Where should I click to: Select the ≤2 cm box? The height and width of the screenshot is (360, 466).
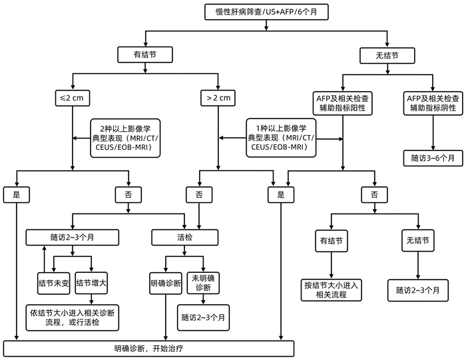[x=73, y=98]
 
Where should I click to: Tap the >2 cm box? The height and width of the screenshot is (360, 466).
[x=218, y=98]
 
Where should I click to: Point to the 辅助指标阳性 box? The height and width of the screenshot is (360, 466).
[x=343, y=102]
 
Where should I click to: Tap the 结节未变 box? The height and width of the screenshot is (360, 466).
[x=53, y=283]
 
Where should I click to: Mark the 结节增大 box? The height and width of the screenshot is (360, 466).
[x=92, y=283]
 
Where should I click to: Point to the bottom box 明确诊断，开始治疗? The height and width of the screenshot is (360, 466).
[x=148, y=347]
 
